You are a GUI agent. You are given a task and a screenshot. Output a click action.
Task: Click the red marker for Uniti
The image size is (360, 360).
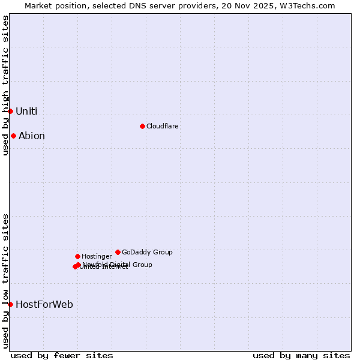coord(10,111)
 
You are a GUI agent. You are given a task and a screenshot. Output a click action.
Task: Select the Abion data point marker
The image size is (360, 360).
coord(13,136)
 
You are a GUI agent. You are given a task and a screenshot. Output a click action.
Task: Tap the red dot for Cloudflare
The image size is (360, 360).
coord(142,126)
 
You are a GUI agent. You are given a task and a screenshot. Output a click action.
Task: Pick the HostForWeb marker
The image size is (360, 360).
coord(10,304)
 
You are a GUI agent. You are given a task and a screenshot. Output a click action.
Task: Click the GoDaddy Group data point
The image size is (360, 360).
coord(118,252)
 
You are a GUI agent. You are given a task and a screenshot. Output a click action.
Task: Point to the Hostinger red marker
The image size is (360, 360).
coord(77,256)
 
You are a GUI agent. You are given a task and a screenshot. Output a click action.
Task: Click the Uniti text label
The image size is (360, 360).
coord(26,111)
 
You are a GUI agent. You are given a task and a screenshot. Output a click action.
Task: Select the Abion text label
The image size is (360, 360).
coord(32,136)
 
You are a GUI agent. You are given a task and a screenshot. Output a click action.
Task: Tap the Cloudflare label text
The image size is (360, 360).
coord(162,126)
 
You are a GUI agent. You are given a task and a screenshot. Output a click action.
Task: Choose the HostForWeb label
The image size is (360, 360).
coord(44,304)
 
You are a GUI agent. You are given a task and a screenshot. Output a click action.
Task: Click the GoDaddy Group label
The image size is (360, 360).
coord(147,252)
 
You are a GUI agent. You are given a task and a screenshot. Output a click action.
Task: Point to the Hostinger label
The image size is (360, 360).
coord(97,256)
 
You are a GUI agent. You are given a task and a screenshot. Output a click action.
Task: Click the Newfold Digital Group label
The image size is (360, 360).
coord(118,265)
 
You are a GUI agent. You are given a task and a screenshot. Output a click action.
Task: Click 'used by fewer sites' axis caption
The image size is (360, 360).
coord(62,355)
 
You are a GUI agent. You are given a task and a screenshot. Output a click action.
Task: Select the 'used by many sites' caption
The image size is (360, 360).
coord(301,355)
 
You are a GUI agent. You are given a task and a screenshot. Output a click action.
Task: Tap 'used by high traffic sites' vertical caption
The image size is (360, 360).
coord(5,86)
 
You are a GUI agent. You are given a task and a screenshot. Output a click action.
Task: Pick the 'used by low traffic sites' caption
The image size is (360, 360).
coord(5,281)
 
